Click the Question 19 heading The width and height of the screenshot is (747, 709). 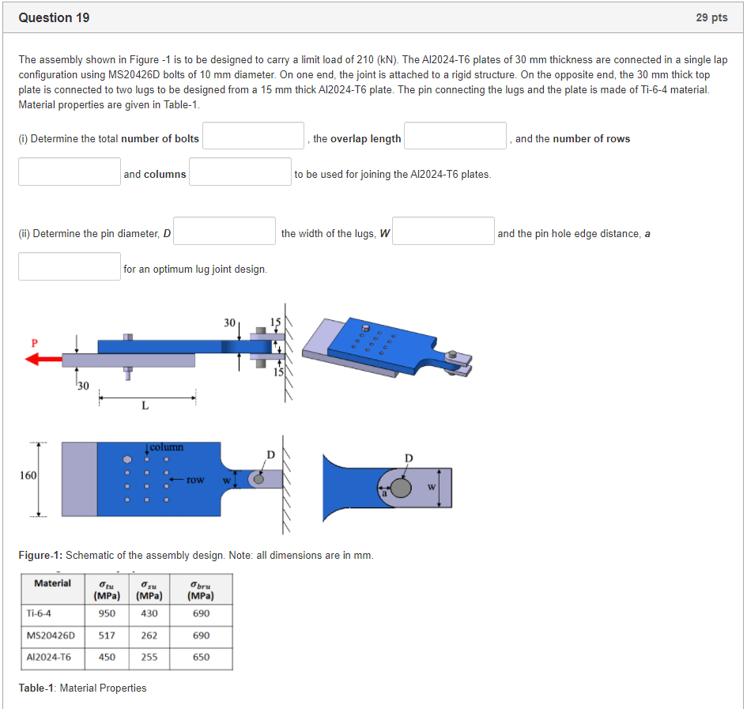click(54, 17)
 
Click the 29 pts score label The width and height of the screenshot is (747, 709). click(711, 17)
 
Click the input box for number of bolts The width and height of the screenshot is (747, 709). click(254, 136)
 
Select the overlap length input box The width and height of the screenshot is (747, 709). click(455, 136)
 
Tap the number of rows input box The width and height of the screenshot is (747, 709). click(70, 172)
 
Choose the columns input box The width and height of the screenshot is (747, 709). click(240, 172)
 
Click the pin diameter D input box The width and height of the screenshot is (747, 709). click(224, 231)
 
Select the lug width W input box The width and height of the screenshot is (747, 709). click(443, 231)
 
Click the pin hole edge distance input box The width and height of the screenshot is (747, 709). click(70, 266)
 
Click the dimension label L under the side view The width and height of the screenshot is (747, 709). click(144, 406)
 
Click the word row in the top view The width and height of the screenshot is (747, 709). click(196, 479)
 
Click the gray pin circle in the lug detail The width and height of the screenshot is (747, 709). click(402, 488)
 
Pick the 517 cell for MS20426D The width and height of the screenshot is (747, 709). click(107, 635)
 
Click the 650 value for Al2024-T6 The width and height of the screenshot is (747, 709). click(201, 658)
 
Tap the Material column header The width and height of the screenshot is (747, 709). click(52, 583)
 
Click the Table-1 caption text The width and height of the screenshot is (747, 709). click(82, 688)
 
